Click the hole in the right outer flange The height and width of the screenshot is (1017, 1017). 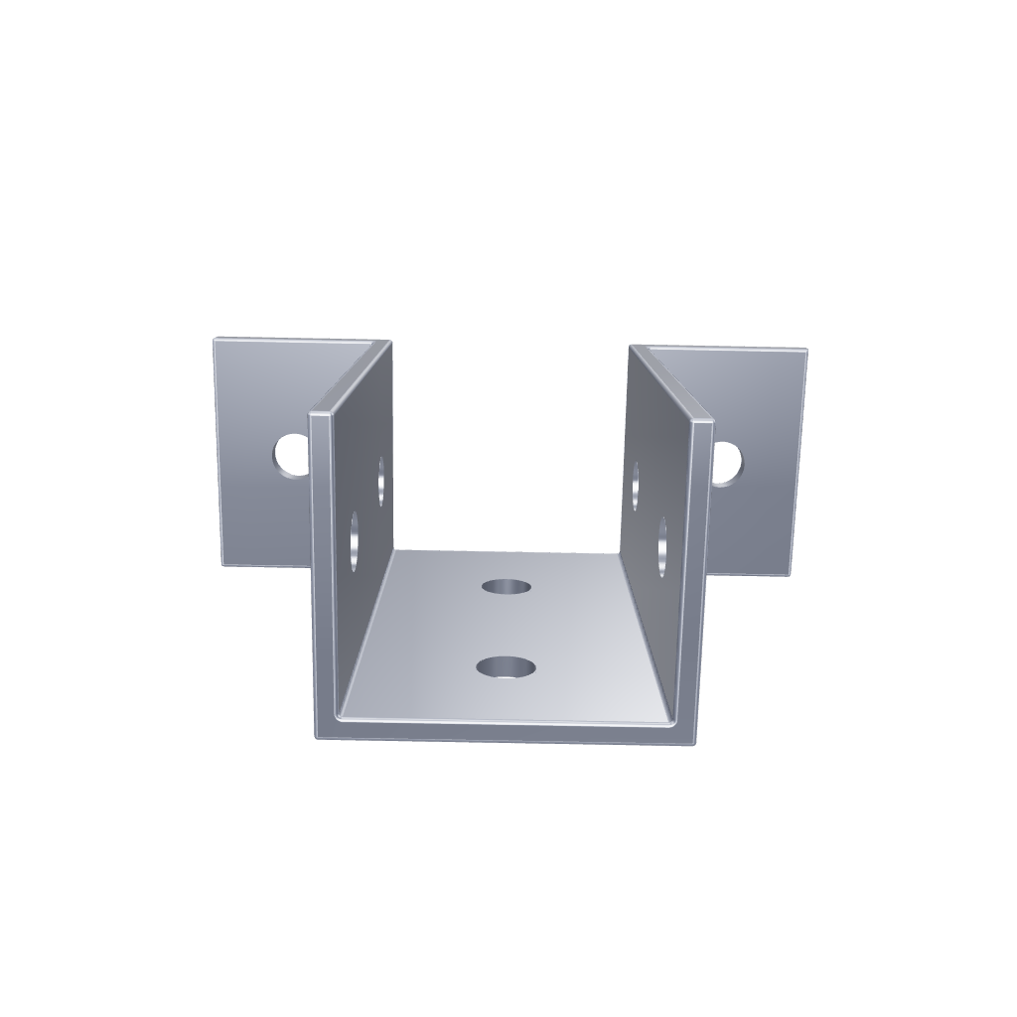click(726, 463)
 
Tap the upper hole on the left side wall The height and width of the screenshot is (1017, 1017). click(381, 480)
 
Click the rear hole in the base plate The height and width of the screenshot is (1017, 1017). click(507, 585)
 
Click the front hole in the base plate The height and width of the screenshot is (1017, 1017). click(506, 666)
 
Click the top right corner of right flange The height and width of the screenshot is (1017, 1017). click(804, 351)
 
